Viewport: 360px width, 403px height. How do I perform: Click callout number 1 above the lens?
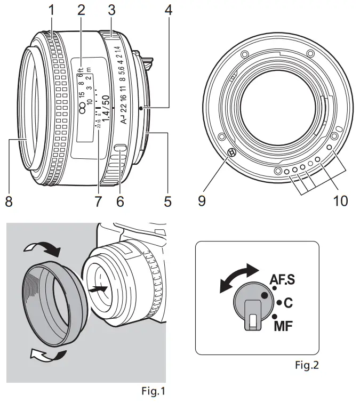[x=52, y=10]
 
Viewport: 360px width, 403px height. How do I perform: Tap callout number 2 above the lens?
[x=81, y=10]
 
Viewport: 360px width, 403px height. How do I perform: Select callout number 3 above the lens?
[x=111, y=10]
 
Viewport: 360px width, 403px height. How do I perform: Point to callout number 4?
[x=169, y=10]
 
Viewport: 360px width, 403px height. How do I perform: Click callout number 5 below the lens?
[x=167, y=201]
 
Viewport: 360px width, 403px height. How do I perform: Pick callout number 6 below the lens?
[x=120, y=201]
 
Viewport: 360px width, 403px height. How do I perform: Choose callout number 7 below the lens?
[x=97, y=201]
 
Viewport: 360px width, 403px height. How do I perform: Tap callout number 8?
[x=9, y=201]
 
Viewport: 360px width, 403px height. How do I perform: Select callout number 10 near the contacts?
[x=339, y=201]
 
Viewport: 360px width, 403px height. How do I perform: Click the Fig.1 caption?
[x=153, y=392]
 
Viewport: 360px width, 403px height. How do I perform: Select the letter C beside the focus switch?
[x=288, y=303]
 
